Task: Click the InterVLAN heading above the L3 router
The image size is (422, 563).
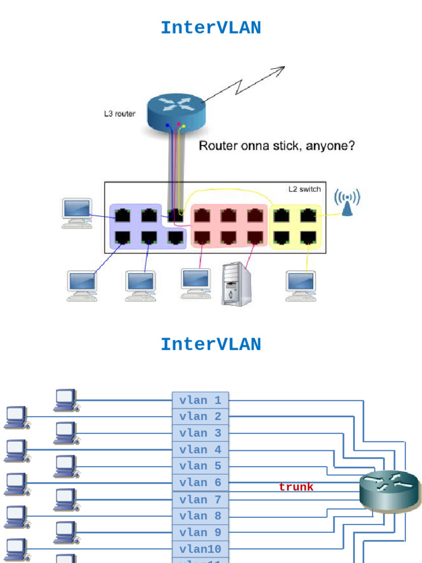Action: tap(210, 27)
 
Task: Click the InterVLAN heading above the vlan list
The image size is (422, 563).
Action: tap(210, 344)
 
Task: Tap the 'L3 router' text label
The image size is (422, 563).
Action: tap(120, 114)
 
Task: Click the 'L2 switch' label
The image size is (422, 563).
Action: tap(304, 189)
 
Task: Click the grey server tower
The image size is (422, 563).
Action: tap(236, 284)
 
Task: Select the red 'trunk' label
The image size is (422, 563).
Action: tap(296, 487)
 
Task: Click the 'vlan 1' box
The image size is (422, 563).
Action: tap(200, 400)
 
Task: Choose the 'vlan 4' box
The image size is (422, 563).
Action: tap(200, 450)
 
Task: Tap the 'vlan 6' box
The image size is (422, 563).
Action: tap(200, 483)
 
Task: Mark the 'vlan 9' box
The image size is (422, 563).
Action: tap(200, 532)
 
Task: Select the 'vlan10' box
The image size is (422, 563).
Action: tap(200, 549)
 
